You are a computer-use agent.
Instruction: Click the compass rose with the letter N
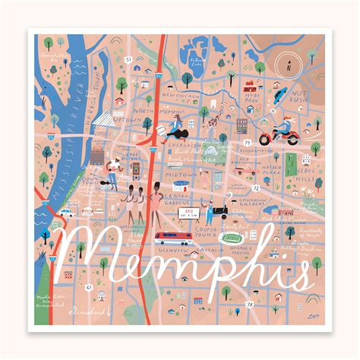tap(289, 65)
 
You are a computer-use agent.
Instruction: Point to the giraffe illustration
tap(215, 117)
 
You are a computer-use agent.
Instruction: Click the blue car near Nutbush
tap(279, 95)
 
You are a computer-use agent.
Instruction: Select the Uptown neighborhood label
tap(124, 119)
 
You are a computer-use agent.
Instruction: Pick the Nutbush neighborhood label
tap(302, 96)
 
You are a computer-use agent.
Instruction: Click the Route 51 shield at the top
tap(128, 58)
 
